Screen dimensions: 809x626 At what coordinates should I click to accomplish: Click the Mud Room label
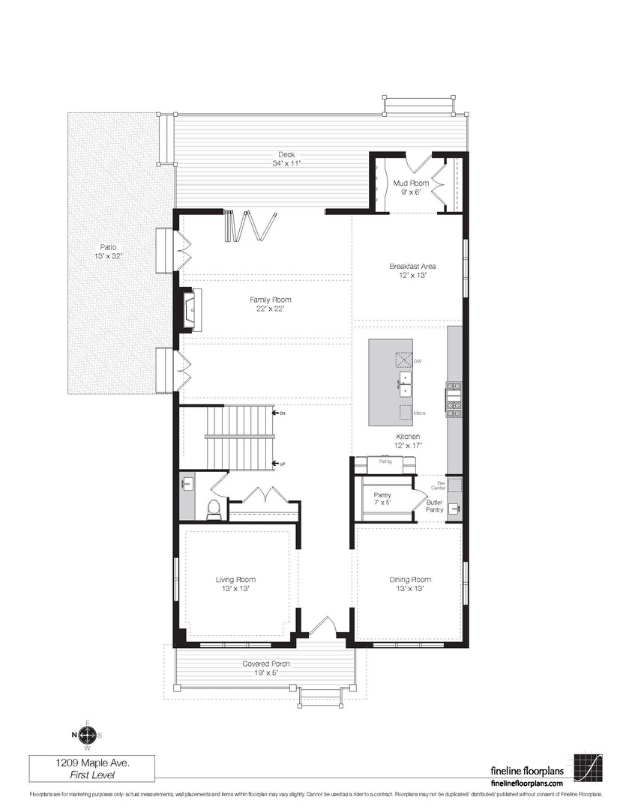(411, 187)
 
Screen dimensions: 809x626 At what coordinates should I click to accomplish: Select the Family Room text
(271, 303)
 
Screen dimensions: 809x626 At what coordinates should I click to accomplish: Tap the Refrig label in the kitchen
(385, 461)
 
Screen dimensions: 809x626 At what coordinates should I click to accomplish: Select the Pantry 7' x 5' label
(382, 499)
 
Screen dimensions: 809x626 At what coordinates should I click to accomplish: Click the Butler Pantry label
(435, 506)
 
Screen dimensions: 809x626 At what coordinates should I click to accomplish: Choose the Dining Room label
(410, 584)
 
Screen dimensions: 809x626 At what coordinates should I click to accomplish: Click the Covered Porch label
(265, 667)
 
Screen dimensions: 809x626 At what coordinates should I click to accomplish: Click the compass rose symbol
(88, 734)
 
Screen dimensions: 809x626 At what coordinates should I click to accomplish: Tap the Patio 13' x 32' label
(108, 251)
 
